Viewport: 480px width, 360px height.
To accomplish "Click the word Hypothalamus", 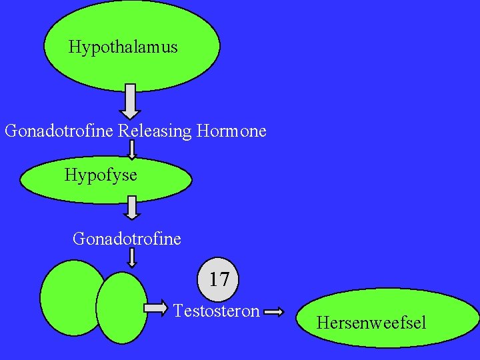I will (x=123, y=47).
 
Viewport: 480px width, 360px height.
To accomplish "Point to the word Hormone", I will (x=231, y=131).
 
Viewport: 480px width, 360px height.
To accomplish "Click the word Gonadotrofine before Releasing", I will (x=59, y=131).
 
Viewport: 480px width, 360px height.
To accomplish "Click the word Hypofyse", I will (x=101, y=175).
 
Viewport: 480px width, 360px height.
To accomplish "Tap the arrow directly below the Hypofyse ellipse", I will (x=133, y=207).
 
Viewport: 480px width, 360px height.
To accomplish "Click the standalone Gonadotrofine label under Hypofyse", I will (x=127, y=238).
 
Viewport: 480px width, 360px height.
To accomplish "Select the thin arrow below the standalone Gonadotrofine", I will (x=132, y=257).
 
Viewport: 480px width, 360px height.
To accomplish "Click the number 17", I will (x=219, y=279).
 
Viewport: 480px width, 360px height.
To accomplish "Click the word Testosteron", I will (x=217, y=311).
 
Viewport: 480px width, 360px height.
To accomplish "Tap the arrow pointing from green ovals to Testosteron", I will (x=157, y=307).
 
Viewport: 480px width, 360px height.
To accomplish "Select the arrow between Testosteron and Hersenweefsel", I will (x=273, y=311).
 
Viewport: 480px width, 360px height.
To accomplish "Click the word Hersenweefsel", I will (x=371, y=323).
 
